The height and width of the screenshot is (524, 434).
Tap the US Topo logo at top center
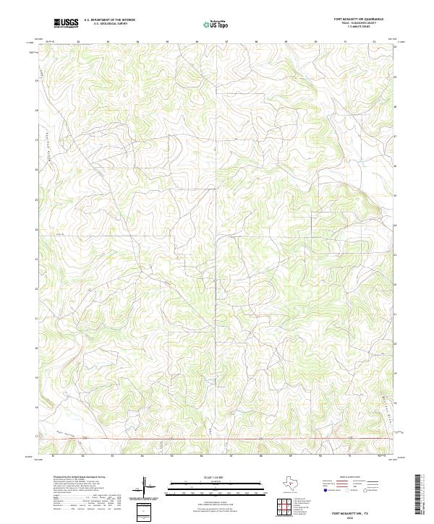click(218, 24)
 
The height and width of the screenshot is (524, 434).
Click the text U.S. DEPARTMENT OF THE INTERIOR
click(109, 20)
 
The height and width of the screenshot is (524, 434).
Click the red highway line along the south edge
click(217, 439)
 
